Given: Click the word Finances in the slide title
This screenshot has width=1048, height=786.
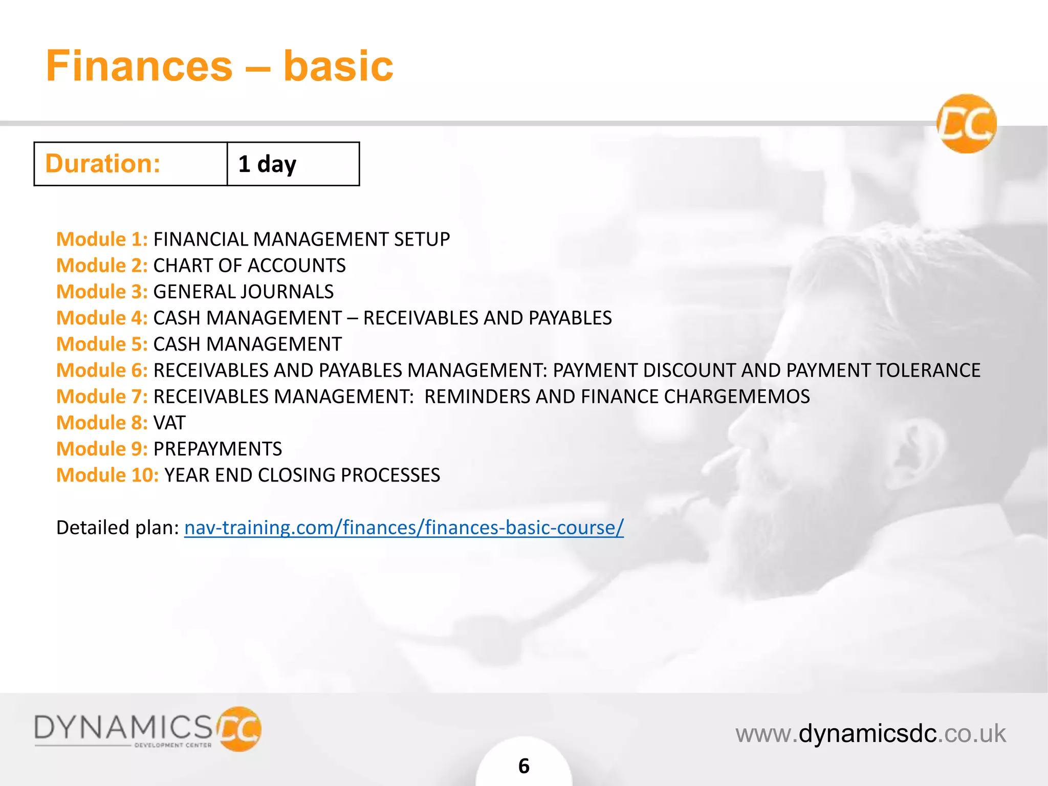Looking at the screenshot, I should coord(139,67).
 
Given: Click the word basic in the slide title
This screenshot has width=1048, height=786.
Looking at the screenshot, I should coord(338,67).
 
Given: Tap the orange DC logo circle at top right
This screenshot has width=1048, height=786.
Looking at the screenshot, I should coord(966,124).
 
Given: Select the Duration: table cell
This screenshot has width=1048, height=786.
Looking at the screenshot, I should coord(130,164).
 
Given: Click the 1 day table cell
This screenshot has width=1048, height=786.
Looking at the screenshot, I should coord(293,164).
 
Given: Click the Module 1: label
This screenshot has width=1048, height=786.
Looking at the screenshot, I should coord(102,239).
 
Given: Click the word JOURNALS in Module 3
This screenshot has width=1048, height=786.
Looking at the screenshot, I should coord(288,292).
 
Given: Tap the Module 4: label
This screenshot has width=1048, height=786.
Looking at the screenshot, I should coord(102,318).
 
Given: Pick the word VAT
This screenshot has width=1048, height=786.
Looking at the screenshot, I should coord(169,423).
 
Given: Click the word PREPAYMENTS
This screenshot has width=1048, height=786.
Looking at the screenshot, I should coord(217,449).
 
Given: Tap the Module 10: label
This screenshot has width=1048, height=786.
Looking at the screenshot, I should coord(107,475).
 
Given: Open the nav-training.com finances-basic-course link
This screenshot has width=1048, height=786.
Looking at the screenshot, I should coord(404,528).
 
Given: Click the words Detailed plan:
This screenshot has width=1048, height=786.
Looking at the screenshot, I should coord(117,528).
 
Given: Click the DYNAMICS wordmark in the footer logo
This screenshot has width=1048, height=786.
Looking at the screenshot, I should coord(123,727).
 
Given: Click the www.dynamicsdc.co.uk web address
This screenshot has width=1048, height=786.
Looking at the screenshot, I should coord(870,733).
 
